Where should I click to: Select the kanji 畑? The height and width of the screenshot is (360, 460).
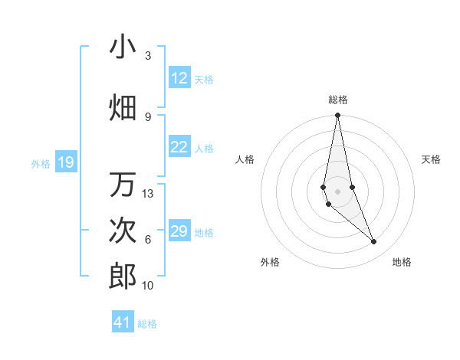pos(123,107)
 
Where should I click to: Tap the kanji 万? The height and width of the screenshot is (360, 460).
pos(123,185)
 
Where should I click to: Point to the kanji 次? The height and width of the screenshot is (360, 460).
pos(123,231)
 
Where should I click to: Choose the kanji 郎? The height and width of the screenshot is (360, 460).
pos(123,277)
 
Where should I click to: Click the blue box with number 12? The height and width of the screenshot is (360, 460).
pos(179,78)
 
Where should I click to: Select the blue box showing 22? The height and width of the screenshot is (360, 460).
pos(179,148)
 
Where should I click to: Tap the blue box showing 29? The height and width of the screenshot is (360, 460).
pos(179,231)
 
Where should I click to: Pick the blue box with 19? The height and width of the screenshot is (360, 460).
pos(65,162)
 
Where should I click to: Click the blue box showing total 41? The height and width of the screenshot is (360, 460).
pos(123,322)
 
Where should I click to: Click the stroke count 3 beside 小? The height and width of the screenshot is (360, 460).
pos(148,56)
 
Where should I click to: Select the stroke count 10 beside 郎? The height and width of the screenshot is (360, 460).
pos(148,286)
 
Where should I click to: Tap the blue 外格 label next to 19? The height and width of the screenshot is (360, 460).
pos(41,163)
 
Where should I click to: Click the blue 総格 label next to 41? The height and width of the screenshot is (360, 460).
pos(147,324)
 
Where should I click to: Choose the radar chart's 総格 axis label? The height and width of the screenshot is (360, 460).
pos(337,100)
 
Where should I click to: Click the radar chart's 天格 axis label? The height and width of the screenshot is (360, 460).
pos(431,159)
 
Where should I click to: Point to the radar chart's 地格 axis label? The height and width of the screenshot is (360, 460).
pos(402,262)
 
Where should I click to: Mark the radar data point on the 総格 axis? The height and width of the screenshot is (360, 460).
pos(337,116)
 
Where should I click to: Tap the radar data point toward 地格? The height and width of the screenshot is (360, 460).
pos(374,242)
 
